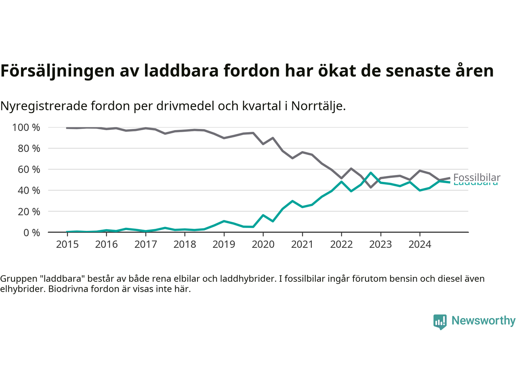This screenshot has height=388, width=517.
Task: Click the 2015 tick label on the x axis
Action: tap(67, 244)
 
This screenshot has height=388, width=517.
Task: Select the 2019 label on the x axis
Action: tap(224, 244)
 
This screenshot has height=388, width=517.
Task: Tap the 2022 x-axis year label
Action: tap(341, 244)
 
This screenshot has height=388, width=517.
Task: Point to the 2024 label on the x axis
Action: tap(420, 244)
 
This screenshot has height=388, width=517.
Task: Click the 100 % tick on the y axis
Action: tap(26, 128)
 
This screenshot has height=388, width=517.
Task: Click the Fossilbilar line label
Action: tap(477, 177)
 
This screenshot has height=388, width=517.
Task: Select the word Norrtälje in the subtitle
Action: tap(318, 106)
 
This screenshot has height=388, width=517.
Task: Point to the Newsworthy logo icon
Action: tap(440, 322)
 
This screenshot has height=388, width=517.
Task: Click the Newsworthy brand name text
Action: tap(483, 321)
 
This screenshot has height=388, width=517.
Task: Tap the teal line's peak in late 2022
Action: tap(371, 173)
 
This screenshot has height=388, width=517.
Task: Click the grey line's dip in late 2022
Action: tap(371, 187)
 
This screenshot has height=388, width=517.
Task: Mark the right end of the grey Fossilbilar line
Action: tap(450, 178)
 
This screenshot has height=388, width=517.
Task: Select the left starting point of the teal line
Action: tap(67, 232)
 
